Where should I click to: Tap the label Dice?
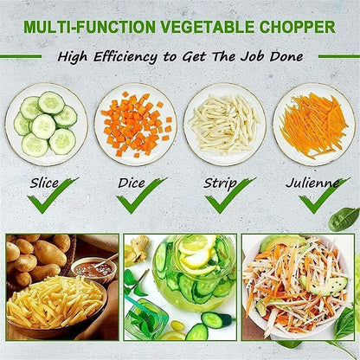click(135, 183)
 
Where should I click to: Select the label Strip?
click(221, 183)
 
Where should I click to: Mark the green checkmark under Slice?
click(52, 197)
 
